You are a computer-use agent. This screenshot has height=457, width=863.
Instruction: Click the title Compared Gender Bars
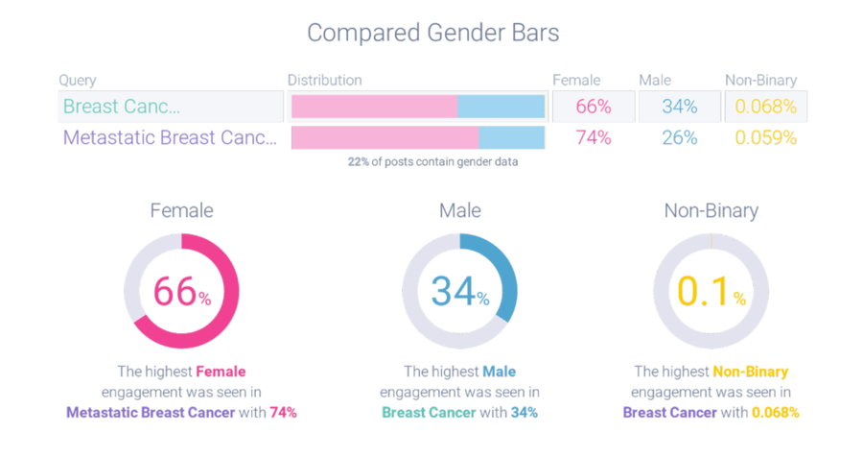[x=432, y=33]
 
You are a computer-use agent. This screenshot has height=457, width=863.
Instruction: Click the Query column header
[x=77, y=81]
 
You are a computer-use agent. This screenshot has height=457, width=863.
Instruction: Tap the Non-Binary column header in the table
[x=760, y=81]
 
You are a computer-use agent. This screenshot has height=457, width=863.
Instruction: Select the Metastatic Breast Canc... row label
[x=169, y=137]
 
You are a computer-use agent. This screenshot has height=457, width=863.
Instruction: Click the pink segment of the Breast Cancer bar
[x=374, y=107]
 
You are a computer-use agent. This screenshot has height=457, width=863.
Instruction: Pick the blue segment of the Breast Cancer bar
[x=501, y=107]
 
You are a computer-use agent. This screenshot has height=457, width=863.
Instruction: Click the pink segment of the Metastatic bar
[x=385, y=137]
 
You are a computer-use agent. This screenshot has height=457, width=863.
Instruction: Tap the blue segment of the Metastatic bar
[x=511, y=137]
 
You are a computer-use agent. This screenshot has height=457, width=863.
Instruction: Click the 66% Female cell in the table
[x=594, y=107]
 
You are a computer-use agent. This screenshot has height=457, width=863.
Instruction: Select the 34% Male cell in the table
[x=679, y=107]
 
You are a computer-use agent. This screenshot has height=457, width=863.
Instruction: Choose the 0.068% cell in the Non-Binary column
[x=765, y=107]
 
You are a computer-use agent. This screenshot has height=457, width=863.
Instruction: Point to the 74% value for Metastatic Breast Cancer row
[x=594, y=137]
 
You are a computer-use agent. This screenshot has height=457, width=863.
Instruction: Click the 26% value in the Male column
[x=679, y=137]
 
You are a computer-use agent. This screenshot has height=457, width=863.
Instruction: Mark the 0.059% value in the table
[x=765, y=137]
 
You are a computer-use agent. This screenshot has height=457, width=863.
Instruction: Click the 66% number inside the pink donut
[x=181, y=293]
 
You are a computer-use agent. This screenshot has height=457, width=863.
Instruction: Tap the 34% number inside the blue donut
[x=459, y=293]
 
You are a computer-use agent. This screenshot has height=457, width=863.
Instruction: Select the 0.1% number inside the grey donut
[x=710, y=294]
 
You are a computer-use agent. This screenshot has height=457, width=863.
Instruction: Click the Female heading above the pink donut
[x=181, y=210]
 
